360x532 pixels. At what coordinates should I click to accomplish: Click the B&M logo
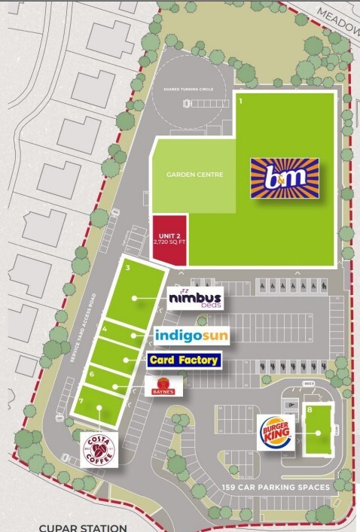[285, 178]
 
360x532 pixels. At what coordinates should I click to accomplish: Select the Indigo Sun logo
[191, 334]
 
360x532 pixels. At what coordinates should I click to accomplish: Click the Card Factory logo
[185, 360]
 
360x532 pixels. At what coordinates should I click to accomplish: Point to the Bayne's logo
[163, 387]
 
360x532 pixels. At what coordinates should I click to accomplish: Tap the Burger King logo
[276, 432]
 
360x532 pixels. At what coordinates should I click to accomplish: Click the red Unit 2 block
[169, 239]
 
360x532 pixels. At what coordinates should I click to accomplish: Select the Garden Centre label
[190, 175]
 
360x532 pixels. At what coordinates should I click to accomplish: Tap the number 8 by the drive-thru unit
[310, 409]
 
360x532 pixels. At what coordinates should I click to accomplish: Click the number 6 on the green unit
[92, 374]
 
